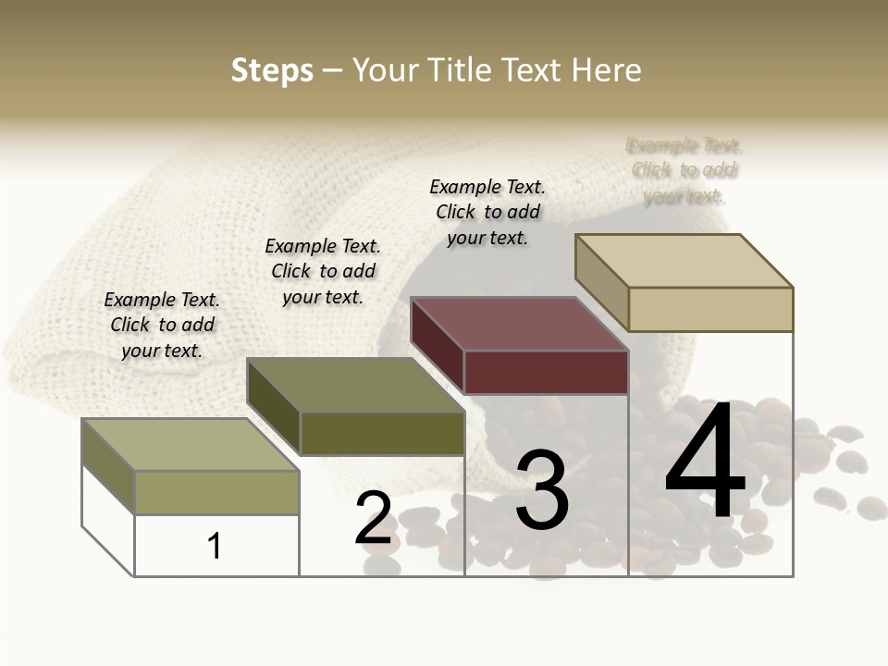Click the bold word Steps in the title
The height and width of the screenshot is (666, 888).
pyautogui.click(x=272, y=70)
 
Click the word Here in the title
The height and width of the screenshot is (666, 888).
pyautogui.click(x=606, y=70)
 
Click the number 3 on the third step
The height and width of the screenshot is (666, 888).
pyautogui.click(x=541, y=489)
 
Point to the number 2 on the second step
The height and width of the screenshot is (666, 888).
pyautogui.click(x=373, y=518)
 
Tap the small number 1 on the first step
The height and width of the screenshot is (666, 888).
pyautogui.click(x=215, y=546)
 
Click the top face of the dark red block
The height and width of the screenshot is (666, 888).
pyautogui.click(x=518, y=325)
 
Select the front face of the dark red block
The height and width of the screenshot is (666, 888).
pyautogui.click(x=546, y=373)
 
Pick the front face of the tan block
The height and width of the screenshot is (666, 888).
pyautogui.click(x=710, y=309)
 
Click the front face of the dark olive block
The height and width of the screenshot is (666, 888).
pyautogui.click(x=382, y=433)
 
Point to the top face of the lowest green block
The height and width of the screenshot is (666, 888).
pyautogui.click(x=190, y=445)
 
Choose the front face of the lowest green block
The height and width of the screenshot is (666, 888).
pyautogui.click(x=216, y=492)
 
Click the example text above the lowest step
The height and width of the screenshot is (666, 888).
pyautogui.click(x=162, y=325)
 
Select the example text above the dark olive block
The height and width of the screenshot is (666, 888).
pyautogui.click(x=323, y=271)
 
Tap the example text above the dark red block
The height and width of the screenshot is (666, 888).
pyautogui.click(x=487, y=212)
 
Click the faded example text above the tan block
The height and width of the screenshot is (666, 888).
pyautogui.click(x=684, y=170)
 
